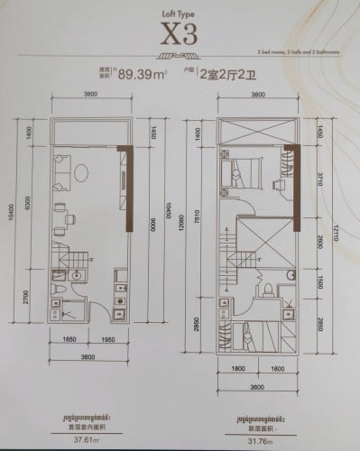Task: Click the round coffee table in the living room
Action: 81,170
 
